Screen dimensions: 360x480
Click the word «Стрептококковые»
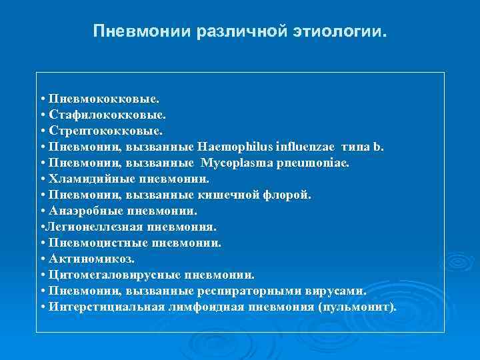coord(105,131)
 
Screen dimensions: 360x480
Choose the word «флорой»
coord(291,195)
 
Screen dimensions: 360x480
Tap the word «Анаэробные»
coord(87,211)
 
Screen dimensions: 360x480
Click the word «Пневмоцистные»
coord(97,243)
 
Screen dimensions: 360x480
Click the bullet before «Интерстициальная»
coord(42,307)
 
